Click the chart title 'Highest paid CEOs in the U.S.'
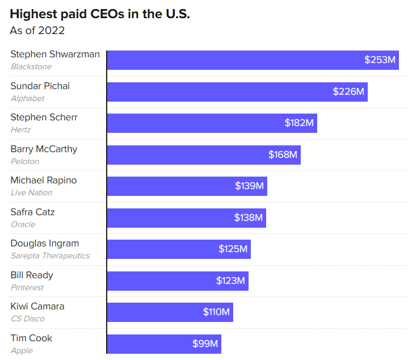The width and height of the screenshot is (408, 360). (x=100, y=14)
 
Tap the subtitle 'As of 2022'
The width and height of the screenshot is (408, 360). (x=37, y=31)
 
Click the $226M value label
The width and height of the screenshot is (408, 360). (x=348, y=91)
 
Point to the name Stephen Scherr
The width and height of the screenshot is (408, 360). (x=44, y=118)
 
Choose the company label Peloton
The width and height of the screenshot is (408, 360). (x=25, y=161)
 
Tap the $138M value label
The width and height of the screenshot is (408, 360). (x=249, y=217)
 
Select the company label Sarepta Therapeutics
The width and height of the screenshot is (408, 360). (x=50, y=256)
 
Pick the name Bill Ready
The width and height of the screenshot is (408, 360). (x=32, y=275)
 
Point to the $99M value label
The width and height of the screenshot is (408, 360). (x=205, y=344)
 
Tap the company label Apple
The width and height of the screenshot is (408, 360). (x=22, y=350)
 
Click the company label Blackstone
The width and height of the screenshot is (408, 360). (x=31, y=66)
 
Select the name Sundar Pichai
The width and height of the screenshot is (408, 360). (x=40, y=86)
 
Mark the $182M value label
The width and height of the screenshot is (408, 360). (x=299, y=123)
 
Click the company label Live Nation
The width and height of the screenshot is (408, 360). (x=31, y=192)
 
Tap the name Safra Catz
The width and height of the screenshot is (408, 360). (x=32, y=212)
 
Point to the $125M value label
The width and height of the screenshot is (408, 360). (x=233, y=249)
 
